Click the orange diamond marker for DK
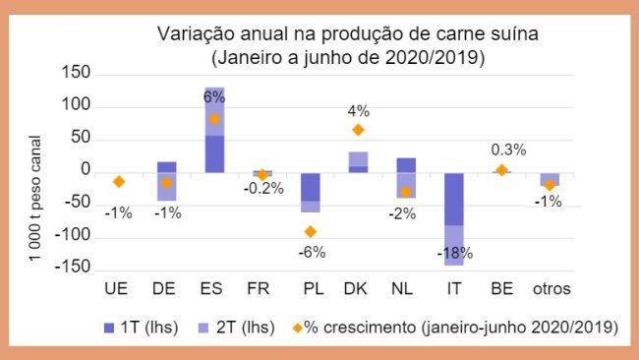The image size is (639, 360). (358, 130)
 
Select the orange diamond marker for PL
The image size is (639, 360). (311, 232)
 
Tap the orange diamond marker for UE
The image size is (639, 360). (119, 182)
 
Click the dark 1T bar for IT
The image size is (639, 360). (453, 199)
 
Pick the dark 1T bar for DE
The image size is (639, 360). (167, 167)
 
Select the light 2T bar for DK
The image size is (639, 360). (358, 158)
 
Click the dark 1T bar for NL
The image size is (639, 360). (406, 165)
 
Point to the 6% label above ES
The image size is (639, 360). (214, 97)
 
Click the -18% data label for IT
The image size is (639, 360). (453, 253)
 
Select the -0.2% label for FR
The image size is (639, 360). (262, 189)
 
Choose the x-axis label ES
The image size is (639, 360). (214, 289)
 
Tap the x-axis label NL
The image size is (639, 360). (406, 289)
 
